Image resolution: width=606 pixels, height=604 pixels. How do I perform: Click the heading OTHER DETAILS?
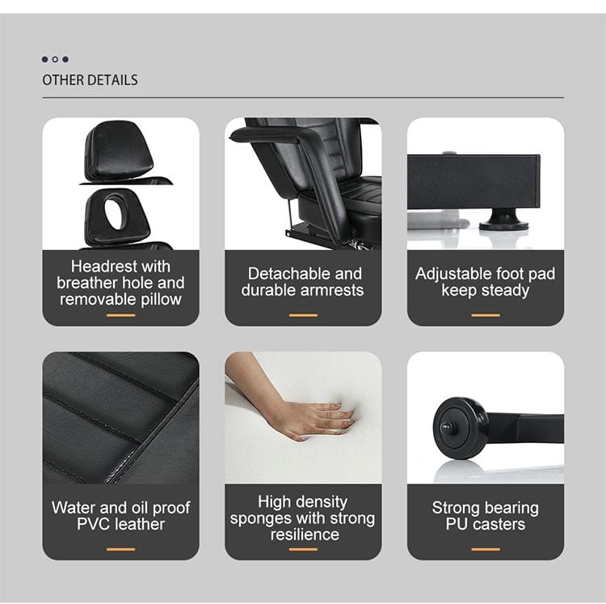pos(90,80)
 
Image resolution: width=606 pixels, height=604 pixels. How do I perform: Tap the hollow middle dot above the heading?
pos(55,59)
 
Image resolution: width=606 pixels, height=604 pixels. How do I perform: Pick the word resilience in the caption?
pos(304,534)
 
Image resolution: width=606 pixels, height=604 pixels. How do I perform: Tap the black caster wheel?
pos(459,426)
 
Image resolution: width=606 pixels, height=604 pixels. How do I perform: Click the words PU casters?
pos(485,524)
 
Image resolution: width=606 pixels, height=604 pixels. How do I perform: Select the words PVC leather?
pos(120,524)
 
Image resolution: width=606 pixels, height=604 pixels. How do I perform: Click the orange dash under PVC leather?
pos(120,550)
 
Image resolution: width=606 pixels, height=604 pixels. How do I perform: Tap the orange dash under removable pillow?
pos(120,315)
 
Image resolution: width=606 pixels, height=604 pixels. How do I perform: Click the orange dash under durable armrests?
pos(303,315)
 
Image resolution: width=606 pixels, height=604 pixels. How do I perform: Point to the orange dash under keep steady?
pos(485,315)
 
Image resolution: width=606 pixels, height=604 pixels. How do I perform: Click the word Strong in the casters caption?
pos(457,508)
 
